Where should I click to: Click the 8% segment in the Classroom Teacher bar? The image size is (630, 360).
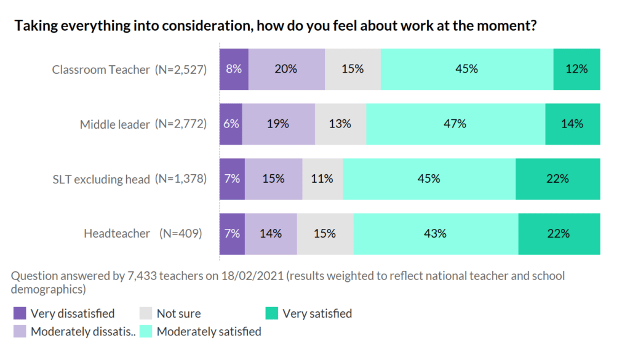(234, 69)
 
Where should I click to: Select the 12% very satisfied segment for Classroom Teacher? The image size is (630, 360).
(576, 69)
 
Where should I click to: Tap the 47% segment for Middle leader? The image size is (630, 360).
(456, 124)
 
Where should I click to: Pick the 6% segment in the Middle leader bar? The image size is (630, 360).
(231, 124)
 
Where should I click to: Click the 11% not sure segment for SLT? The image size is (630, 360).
(322, 178)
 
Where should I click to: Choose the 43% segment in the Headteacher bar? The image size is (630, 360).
(436, 233)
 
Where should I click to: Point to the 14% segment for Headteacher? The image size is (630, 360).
(271, 233)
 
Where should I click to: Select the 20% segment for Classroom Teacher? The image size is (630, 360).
(286, 69)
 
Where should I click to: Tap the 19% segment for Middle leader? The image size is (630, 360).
(278, 124)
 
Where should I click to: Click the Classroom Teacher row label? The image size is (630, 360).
(101, 70)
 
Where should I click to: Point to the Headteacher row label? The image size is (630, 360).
(117, 234)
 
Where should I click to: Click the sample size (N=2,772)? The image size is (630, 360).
(180, 124)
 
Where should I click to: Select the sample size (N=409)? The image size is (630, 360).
(180, 234)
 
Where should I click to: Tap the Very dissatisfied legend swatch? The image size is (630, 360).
(20, 314)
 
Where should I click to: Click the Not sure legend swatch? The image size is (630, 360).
(146, 314)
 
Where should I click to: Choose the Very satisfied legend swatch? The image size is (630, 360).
(272, 314)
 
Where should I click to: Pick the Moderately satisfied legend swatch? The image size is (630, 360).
(146, 332)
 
